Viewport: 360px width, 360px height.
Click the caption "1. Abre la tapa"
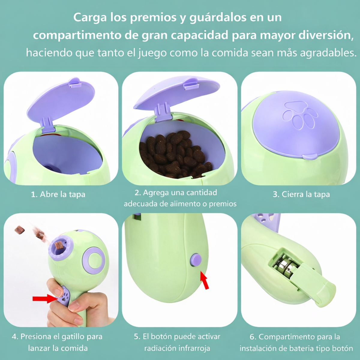(58, 194)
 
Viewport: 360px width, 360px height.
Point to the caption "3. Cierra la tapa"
(301, 194)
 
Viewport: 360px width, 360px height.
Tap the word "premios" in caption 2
(223, 204)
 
